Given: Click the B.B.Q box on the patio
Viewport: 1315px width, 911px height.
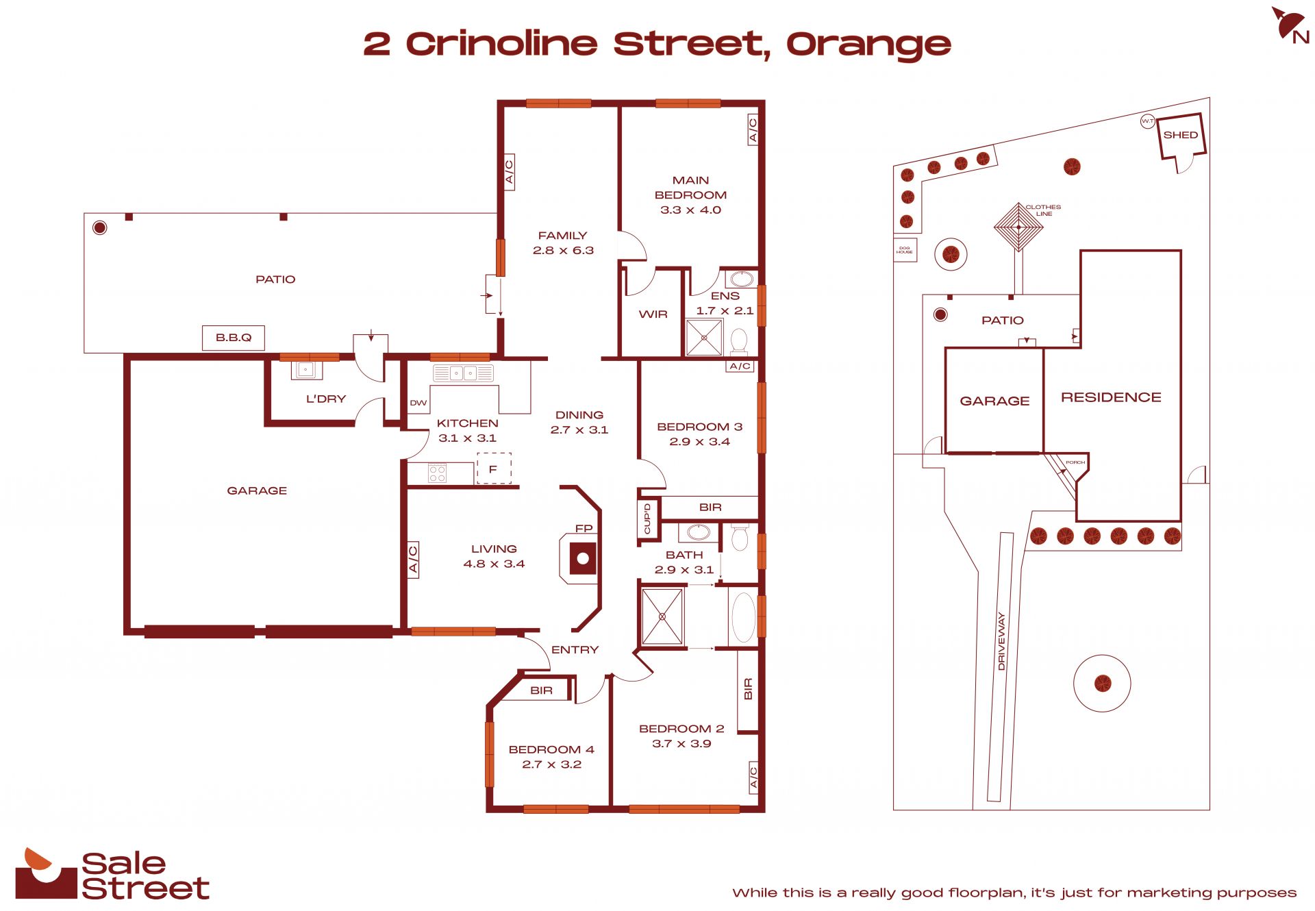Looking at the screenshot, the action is point(234,338).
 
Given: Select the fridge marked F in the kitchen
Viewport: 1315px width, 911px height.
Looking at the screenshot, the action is point(494,469).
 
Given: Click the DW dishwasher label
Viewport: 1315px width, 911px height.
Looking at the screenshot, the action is point(418,403).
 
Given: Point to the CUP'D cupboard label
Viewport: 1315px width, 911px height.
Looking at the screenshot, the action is point(647,519).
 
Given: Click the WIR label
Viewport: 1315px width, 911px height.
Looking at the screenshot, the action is point(653,314).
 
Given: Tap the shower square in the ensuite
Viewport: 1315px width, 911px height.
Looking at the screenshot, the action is point(704,336).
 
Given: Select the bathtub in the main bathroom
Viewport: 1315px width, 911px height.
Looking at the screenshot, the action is point(744,617).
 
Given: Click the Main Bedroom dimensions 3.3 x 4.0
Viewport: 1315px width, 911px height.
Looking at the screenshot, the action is point(690,210).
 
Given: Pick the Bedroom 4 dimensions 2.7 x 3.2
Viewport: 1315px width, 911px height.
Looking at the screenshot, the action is point(552,764).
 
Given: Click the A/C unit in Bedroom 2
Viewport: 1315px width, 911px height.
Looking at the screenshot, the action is point(753,777).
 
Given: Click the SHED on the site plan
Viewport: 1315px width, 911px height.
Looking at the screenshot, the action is point(1181,136).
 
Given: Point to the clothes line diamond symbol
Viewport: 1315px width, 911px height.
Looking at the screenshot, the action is point(1018,226).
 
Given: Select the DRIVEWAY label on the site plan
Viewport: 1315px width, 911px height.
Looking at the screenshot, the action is point(1001,641).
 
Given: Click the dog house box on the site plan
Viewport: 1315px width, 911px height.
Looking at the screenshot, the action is point(905,250).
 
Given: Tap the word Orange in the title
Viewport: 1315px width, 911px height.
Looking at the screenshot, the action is point(868,45).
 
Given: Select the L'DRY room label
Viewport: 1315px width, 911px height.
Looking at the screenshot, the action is point(326,399).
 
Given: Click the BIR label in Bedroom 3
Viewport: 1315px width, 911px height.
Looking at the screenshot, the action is point(710,508).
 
